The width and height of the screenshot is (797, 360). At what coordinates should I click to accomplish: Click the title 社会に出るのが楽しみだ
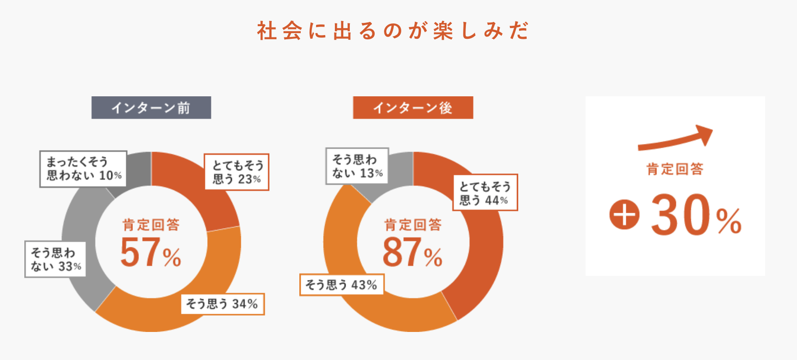click(393, 31)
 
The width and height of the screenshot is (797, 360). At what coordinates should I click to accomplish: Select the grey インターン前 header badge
click(151, 108)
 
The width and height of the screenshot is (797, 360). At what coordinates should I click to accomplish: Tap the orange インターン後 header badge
click(413, 108)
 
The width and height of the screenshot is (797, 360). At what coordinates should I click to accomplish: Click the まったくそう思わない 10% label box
click(83, 169)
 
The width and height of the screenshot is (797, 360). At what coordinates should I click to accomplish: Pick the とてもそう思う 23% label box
click(237, 172)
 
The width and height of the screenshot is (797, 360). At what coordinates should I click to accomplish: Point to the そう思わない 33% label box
click(55, 259)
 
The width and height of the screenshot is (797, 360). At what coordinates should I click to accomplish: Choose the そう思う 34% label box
click(223, 304)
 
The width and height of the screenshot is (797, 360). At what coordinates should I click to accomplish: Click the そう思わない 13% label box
click(357, 166)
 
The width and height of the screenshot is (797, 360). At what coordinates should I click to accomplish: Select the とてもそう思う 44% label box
click(485, 193)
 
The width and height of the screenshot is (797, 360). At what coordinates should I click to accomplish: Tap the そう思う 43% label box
click(341, 285)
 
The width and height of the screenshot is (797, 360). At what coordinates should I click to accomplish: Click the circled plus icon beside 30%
click(624, 215)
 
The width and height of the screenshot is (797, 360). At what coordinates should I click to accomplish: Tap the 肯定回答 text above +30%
click(675, 169)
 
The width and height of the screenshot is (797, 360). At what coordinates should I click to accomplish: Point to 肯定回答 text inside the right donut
click(413, 225)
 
